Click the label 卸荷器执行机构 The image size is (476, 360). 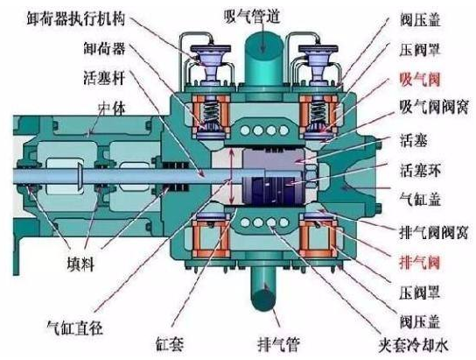coord(76,18)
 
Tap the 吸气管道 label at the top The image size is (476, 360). coord(252,15)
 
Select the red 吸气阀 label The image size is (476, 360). coord(420,80)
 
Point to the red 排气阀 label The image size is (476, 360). coord(420,262)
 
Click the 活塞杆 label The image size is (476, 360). coord(104,77)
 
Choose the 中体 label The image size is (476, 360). coord(111,109)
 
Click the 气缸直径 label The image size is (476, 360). coord(74,328)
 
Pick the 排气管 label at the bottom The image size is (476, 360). coord(278,344)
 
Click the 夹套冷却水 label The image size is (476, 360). coord(414,345)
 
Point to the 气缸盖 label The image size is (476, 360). coord(420,199)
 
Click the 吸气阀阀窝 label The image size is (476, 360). coord(434,107)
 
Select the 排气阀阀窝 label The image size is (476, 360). coord(434,232)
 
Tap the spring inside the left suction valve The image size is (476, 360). coord(210,111)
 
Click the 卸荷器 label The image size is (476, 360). coord(104,48)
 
